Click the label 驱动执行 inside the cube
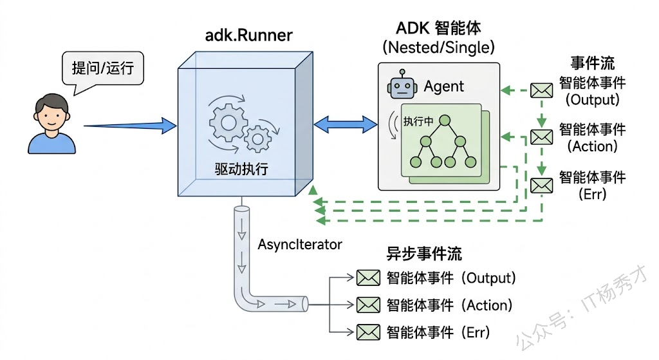(x=241, y=169)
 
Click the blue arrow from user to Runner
(x=129, y=125)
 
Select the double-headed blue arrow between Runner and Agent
(x=345, y=124)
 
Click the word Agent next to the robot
(x=444, y=87)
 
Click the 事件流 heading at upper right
(x=592, y=63)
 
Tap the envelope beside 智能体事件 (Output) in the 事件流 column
(x=541, y=91)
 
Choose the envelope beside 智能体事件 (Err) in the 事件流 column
(x=541, y=185)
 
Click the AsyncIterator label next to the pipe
(x=300, y=245)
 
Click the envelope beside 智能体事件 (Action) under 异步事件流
(x=369, y=305)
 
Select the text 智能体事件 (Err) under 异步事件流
(x=438, y=332)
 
